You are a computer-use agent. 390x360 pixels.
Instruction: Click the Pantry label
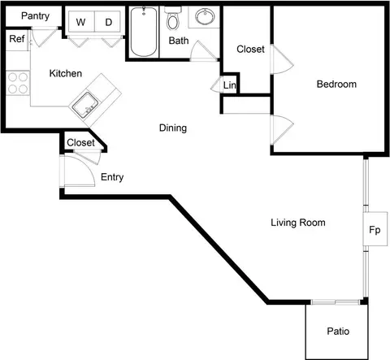(x=35, y=16)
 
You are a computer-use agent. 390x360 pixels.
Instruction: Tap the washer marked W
(x=81, y=22)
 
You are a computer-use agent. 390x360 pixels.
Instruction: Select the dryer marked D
(x=107, y=22)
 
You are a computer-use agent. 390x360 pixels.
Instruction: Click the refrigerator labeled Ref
(x=17, y=40)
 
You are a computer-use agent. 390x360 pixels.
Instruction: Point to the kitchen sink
(x=85, y=105)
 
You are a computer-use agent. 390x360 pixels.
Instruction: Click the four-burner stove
(x=18, y=83)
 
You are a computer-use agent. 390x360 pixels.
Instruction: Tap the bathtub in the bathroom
(x=144, y=32)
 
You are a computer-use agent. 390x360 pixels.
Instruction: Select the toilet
(x=173, y=19)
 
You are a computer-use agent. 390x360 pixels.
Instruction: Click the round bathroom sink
(x=205, y=16)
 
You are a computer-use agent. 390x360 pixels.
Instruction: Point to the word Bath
(x=179, y=41)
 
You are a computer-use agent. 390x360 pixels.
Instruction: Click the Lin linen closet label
(x=230, y=85)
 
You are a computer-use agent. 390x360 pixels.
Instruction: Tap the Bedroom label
(x=336, y=85)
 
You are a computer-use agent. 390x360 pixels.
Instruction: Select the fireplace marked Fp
(x=375, y=229)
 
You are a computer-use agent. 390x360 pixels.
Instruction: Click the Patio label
(x=338, y=331)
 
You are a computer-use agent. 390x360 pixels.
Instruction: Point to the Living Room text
(x=298, y=223)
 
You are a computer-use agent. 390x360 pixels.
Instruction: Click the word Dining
(x=173, y=128)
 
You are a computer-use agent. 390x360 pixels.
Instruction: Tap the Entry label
(x=112, y=177)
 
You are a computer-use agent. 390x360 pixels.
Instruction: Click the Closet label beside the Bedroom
(x=250, y=49)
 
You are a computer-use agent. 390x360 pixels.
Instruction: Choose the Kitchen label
(x=66, y=73)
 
